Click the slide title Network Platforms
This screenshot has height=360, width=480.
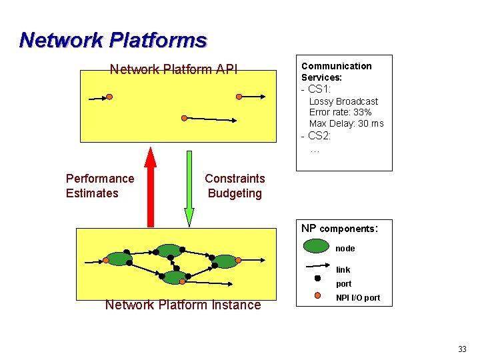click(113, 40)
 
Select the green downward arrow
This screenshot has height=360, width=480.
click(189, 193)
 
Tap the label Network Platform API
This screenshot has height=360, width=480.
click(173, 69)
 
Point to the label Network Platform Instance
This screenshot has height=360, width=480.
click(183, 305)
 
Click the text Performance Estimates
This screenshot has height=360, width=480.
click(99, 186)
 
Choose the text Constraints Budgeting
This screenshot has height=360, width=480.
click(235, 186)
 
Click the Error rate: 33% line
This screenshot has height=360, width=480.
click(340, 113)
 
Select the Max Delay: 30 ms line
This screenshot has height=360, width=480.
click(346, 123)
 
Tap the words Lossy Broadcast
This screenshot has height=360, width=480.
click(343, 101)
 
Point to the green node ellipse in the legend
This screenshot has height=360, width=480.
click(317, 247)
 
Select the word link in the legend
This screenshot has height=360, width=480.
click(343, 270)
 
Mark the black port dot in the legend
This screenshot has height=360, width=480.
click(317, 278)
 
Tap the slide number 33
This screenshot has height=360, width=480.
click(462, 349)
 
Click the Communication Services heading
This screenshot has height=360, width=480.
click(336, 71)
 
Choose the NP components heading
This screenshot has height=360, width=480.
click(339, 229)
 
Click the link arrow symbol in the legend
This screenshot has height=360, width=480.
click(317, 267)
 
